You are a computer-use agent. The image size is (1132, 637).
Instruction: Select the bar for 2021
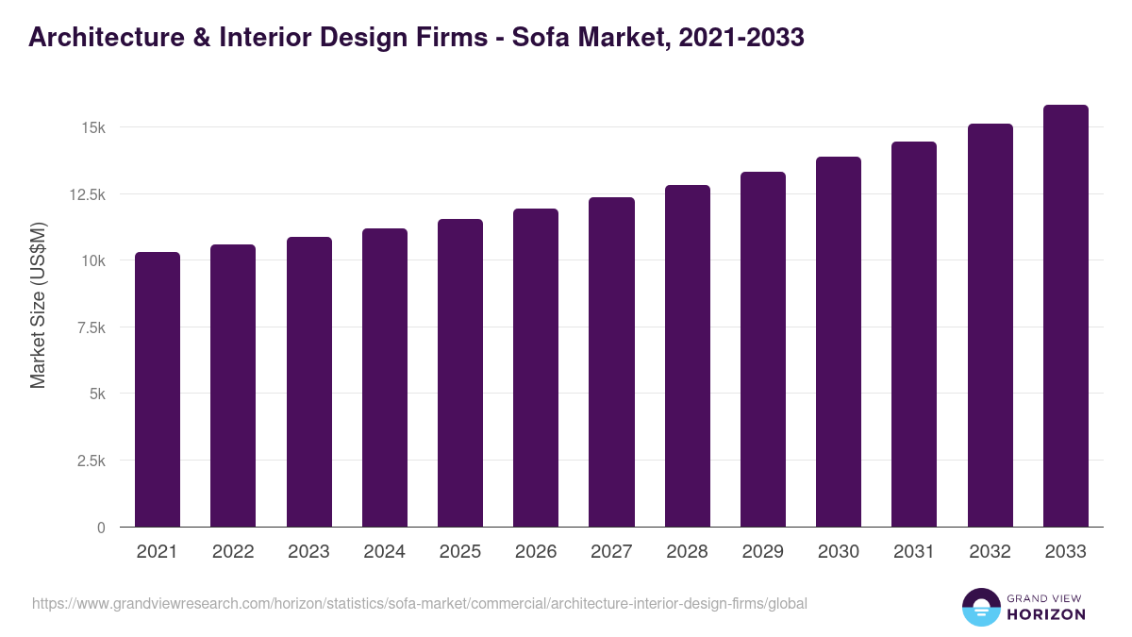click(158, 390)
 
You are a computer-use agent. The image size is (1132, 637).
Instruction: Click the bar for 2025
click(460, 373)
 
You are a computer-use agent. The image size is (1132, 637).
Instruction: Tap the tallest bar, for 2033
click(1065, 316)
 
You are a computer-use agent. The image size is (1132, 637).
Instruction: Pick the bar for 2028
click(688, 356)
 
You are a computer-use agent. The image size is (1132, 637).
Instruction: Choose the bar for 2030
click(839, 342)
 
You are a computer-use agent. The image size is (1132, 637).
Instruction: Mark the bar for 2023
click(309, 382)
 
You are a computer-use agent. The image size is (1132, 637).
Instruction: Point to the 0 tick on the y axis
click(100, 528)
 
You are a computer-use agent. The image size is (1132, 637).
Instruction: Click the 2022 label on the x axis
click(233, 552)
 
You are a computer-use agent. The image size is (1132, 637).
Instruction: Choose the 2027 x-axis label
click(611, 552)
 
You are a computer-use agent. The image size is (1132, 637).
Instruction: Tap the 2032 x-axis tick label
click(990, 552)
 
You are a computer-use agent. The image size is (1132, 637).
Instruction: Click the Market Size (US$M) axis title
click(38, 304)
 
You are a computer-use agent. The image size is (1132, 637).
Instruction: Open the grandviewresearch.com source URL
click(420, 603)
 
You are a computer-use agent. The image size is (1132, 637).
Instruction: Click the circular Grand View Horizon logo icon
click(981, 608)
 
